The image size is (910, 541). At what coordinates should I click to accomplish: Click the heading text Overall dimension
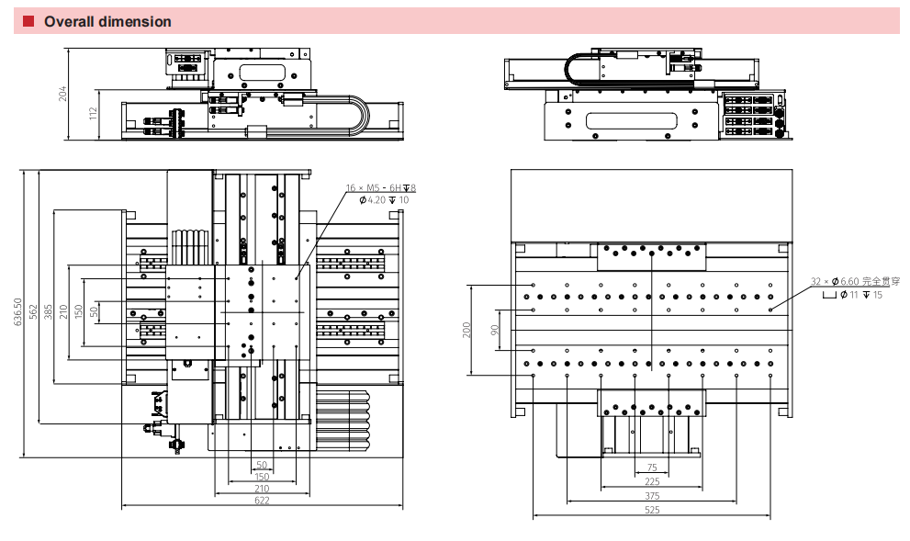pos(107,21)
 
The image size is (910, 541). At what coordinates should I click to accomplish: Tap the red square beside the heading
pos(28,21)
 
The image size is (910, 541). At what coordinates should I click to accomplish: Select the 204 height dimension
pos(63,93)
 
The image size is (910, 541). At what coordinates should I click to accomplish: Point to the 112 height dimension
pos(94,114)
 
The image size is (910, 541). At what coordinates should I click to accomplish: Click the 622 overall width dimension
pos(262,501)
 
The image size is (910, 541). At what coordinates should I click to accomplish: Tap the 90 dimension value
pos(495,329)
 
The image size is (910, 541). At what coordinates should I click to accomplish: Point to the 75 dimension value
pos(652,468)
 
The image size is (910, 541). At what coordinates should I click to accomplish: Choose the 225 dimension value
pos(652,480)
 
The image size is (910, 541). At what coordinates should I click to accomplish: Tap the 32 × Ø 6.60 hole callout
pos(855,281)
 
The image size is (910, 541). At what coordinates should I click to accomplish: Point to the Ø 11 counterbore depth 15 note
pos(851,295)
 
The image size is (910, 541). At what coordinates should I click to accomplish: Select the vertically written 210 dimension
pos(63,312)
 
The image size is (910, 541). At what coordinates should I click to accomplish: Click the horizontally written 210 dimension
pos(262,489)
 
